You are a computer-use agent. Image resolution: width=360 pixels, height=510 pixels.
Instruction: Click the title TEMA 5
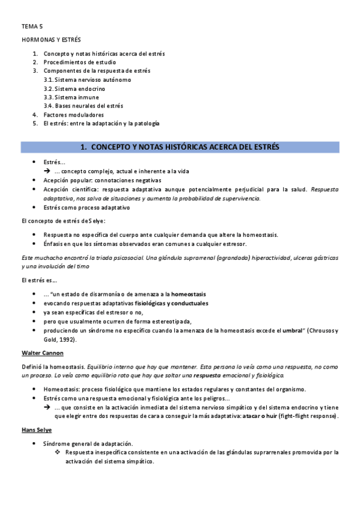click(32, 26)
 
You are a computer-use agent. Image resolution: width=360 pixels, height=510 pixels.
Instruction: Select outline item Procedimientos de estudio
click(79, 62)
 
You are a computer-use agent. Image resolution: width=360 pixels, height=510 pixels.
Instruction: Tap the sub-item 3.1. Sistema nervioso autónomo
click(87, 79)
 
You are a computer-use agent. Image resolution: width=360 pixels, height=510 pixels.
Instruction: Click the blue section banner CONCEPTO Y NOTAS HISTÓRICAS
click(180, 147)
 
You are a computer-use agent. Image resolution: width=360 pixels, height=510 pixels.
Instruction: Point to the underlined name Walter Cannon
click(42, 352)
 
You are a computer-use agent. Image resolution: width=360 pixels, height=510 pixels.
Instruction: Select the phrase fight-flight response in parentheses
click(308, 416)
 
